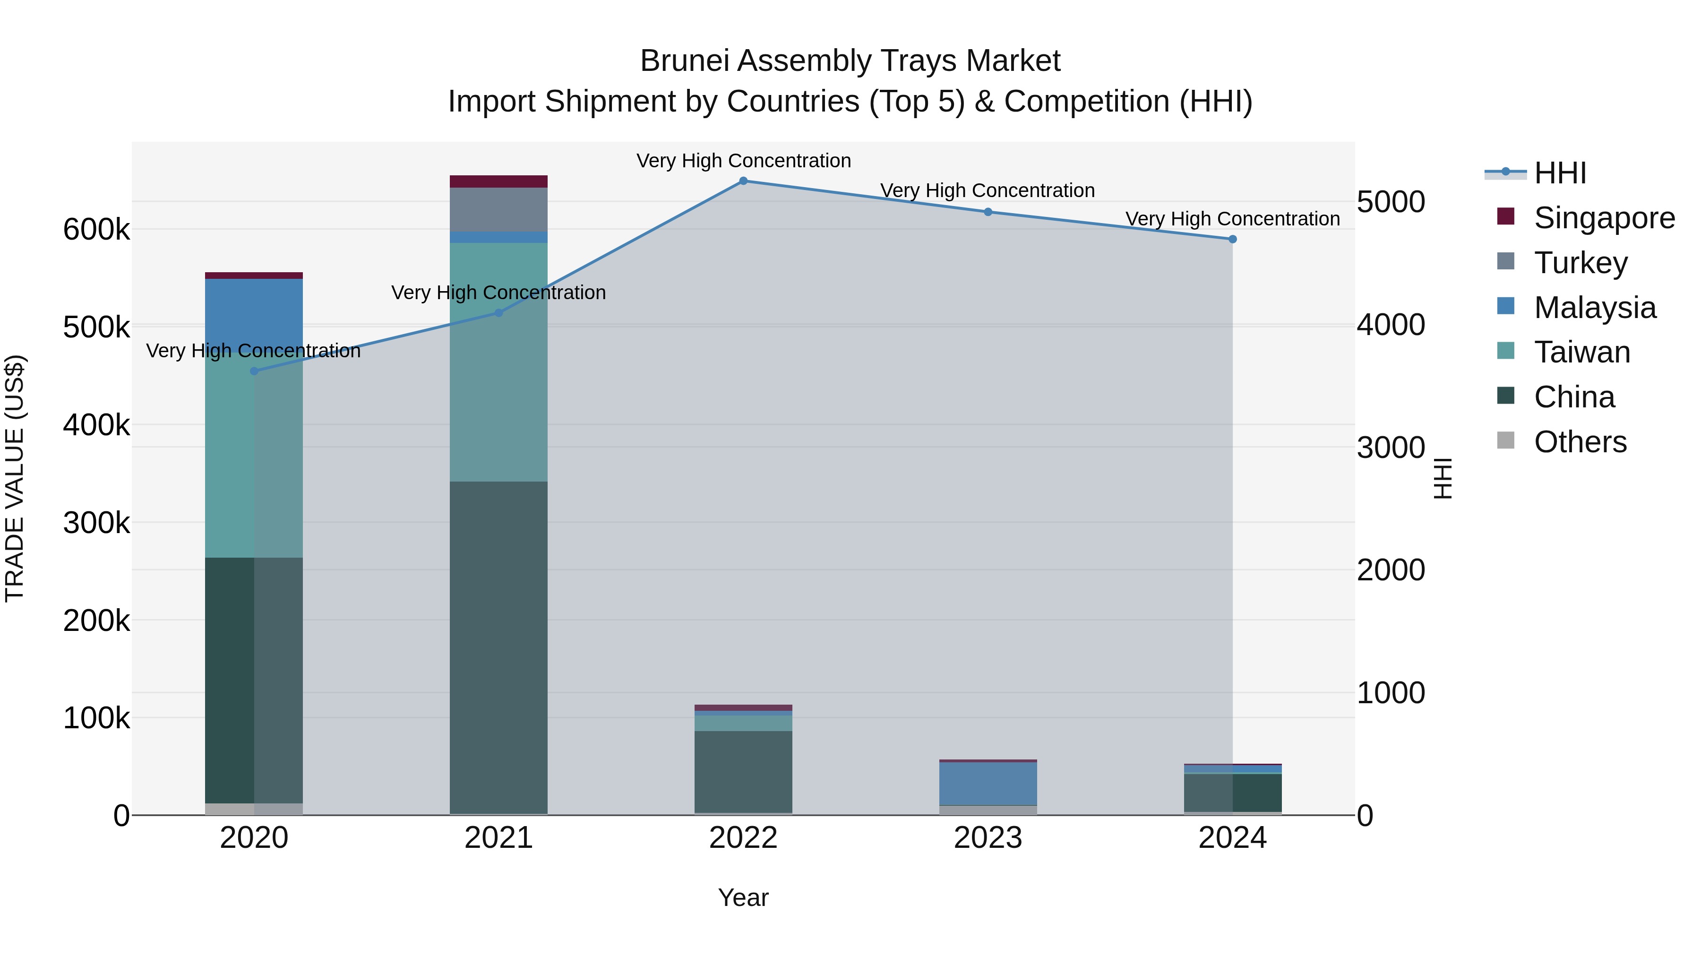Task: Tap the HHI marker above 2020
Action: pyautogui.click(x=254, y=371)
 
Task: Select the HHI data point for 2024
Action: pyautogui.click(x=1232, y=239)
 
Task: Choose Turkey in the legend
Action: pyautogui.click(x=1580, y=263)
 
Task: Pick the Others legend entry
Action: pyautogui.click(x=1580, y=442)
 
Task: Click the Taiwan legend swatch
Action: pyautogui.click(x=1505, y=351)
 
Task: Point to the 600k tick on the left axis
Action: pyautogui.click(x=96, y=230)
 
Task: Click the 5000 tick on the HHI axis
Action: pyautogui.click(x=1391, y=202)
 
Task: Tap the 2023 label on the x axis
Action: pyautogui.click(x=988, y=838)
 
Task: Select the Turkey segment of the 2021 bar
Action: pyautogui.click(x=498, y=209)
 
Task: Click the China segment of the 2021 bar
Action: pyautogui.click(x=498, y=647)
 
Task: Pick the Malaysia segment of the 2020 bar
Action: pyautogui.click(x=254, y=314)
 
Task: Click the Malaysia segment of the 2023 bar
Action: pyautogui.click(x=988, y=783)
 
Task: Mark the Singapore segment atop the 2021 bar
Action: pyautogui.click(x=498, y=181)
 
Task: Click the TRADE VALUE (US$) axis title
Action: pyautogui.click(x=15, y=478)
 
